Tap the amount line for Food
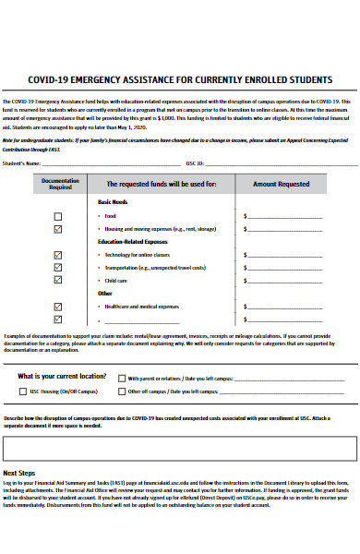[309, 218]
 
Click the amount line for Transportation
[309, 267]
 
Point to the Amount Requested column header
[281, 184]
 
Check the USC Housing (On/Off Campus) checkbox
[22, 391]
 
